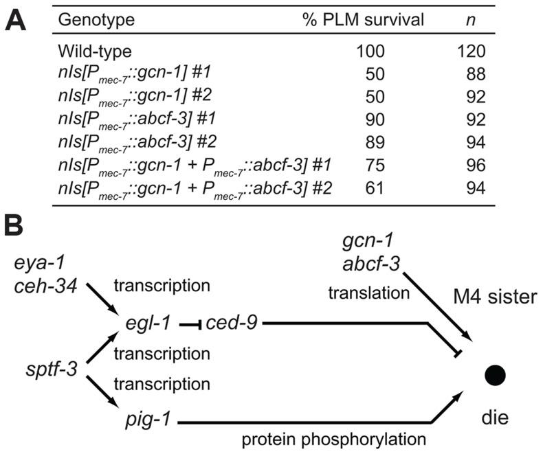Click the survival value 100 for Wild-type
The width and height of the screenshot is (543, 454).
click(371, 51)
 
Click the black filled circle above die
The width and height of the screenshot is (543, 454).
click(496, 374)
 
